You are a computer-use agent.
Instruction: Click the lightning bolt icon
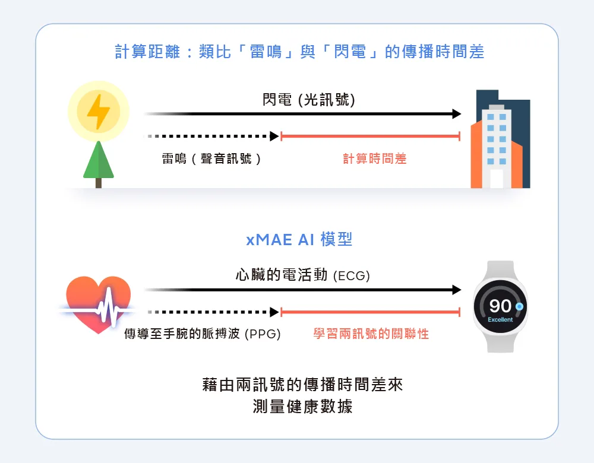click(x=99, y=112)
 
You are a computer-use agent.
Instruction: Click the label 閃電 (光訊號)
click(x=309, y=100)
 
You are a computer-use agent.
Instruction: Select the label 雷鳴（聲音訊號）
click(x=211, y=158)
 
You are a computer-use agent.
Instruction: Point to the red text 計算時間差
click(x=375, y=158)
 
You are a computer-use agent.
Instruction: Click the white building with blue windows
click(x=497, y=146)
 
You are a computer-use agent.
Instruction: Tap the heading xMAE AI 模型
click(x=299, y=240)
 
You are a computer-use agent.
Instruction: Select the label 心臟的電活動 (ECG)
click(x=303, y=275)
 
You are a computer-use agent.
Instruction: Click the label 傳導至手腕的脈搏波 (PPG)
click(x=203, y=334)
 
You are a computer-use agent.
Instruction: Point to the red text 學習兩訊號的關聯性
click(x=371, y=334)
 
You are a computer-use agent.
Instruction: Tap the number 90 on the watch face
click(x=500, y=306)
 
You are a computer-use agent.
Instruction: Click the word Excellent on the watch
click(x=500, y=319)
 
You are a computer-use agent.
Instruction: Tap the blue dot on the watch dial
click(x=519, y=306)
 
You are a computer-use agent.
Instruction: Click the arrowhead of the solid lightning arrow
click(x=457, y=113)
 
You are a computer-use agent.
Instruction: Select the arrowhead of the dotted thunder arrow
click(x=274, y=136)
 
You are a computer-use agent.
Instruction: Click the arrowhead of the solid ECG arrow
click(x=457, y=290)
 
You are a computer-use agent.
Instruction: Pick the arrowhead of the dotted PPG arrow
click(x=274, y=312)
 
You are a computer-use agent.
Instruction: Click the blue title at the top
click(x=299, y=52)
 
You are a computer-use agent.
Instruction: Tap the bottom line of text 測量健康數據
click(x=303, y=407)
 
